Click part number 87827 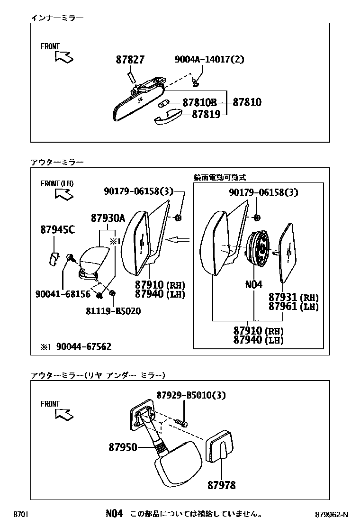point(130,60)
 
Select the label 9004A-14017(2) point(209,60)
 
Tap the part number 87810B point(199,103)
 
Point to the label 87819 point(206,115)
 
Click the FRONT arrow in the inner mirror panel point(64,57)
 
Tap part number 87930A point(108,218)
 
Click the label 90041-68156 point(63,294)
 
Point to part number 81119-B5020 point(113,311)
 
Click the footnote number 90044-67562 point(84,346)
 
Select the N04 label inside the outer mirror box point(253,285)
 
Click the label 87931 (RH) point(293,297)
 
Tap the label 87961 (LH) point(293,306)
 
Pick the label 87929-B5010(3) point(191,395)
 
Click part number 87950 point(123,447)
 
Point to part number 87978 point(221,485)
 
